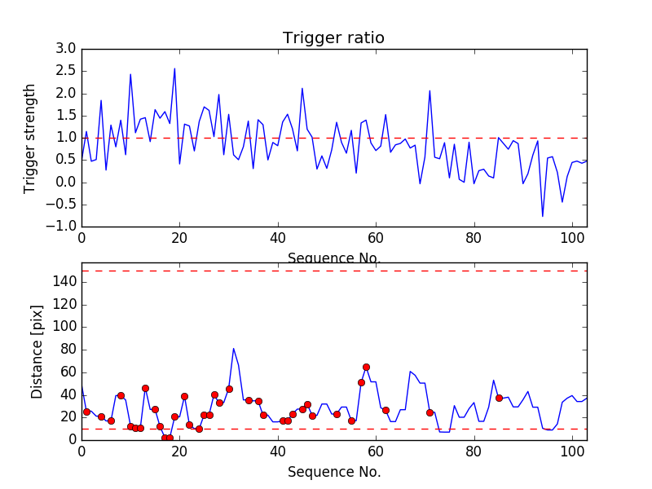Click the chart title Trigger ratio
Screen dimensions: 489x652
coord(333,38)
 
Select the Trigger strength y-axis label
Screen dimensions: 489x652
coord(30,138)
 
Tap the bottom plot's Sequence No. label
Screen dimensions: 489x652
coord(333,472)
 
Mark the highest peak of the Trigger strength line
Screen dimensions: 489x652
coord(174,68)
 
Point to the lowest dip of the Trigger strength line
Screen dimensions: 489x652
coord(543,216)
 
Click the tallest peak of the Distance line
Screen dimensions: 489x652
coord(234,349)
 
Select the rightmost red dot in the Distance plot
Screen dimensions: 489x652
coord(499,398)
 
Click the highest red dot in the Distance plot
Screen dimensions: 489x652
coord(366,367)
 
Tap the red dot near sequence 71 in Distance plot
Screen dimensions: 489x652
coord(430,412)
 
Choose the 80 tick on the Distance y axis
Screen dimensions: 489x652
coord(68,350)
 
